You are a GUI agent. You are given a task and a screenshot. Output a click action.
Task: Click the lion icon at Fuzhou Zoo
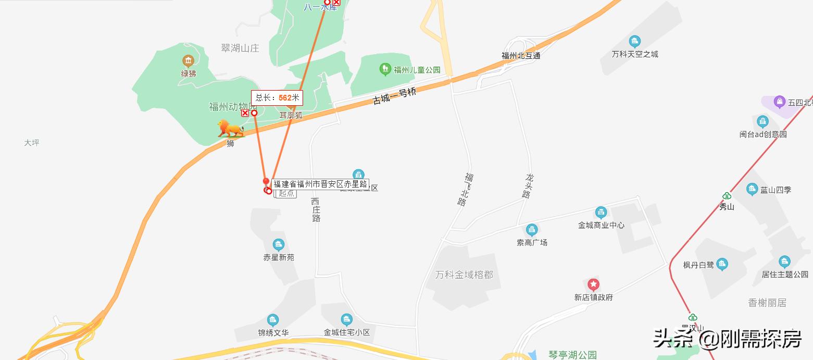230,129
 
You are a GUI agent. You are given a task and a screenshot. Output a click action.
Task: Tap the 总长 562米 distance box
277,97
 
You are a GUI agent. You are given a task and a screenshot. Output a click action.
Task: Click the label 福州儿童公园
417,70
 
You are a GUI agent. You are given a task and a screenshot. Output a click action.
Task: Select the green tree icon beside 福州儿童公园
385,68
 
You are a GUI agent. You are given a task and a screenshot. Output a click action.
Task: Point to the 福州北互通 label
521,55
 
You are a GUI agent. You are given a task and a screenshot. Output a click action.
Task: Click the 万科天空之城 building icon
634,42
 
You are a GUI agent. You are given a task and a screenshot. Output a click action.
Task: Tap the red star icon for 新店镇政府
593,284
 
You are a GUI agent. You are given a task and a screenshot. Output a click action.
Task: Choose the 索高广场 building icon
532,230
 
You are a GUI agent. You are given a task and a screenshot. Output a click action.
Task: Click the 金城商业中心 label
601,225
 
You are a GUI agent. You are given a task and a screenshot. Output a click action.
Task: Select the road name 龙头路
528,186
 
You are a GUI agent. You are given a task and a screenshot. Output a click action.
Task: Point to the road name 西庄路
316,209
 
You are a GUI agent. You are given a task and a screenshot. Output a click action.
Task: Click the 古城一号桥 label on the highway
394,96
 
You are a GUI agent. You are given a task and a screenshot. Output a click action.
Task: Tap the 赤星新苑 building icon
279,244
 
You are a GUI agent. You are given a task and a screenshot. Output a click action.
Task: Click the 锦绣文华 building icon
273,320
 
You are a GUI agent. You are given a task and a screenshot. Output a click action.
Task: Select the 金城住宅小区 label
346,332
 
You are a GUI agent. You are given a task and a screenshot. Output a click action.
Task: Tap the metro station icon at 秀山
727,196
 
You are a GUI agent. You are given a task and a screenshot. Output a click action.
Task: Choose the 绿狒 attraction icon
188,61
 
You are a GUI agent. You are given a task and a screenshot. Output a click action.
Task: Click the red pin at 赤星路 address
266,182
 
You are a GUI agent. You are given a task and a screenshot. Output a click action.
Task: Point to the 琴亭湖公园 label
572,355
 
